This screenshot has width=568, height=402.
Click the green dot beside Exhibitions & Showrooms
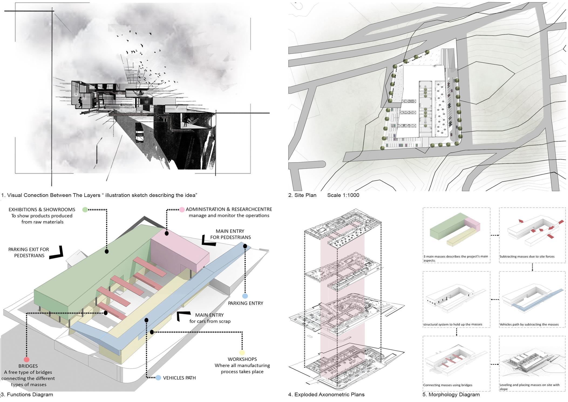pyautogui.click(x=85, y=209)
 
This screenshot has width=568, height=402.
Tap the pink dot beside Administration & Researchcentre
pyautogui.click(x=182, y=209)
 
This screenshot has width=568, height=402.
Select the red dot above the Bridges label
pyautogui.click(x=26, y=360)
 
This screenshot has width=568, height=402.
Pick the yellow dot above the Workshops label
pyautogui.click(x=242, y=353)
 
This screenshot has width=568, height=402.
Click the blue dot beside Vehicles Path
pyautogui.click(x=158, y=378)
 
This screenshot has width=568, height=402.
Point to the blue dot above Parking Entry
pyautogui.click(x=245, y=296)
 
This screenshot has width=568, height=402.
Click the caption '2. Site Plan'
pyautogui.click(x=302, y=195)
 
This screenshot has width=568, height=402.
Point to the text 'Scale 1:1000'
pyautogui.click(x=343, y=195)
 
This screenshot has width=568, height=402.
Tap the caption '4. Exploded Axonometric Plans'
pyautogui.click(x=326, y=394)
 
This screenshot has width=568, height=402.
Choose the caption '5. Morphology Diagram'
pyautogui.click(x=451, y=394)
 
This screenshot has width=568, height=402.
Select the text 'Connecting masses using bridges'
pyautogui.click(x=448, y=385)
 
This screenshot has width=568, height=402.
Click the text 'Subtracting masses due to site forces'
pyautogui.click(x=527, y=256)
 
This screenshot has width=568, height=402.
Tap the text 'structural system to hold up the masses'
pyautogui.click(x=453, y=324)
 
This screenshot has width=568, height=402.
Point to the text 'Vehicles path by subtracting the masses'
pyautogui.click(x=529, y=324)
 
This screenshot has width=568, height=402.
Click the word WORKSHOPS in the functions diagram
pyautogui.click(x=242, y=359)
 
